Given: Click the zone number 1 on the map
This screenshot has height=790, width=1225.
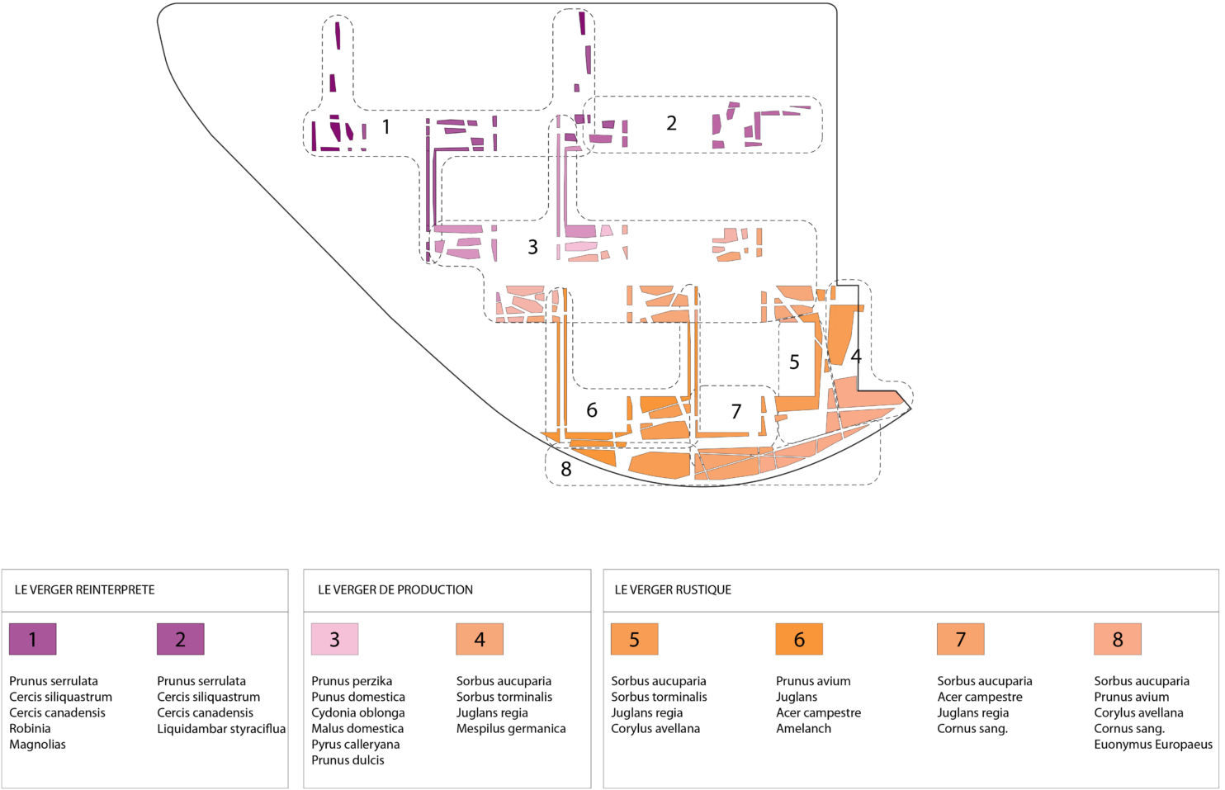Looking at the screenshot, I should [385, 127].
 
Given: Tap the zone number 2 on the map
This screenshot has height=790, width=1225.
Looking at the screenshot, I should [671, 123].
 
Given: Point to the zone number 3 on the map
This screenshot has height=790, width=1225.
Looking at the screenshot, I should [532, 247].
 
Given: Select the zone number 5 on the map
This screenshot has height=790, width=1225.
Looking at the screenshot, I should [794, 362].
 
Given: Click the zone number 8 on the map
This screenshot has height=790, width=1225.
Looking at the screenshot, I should [565, 470].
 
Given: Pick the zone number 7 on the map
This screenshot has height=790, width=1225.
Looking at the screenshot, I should [736, 411].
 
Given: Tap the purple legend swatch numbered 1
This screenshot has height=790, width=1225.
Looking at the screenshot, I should [33, 639].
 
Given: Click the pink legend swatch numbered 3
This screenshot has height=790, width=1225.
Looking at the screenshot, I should [334, 639].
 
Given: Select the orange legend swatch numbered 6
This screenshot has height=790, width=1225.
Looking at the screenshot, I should [799, 639].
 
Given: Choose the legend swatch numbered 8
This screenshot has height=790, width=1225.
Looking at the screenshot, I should [1118, 639].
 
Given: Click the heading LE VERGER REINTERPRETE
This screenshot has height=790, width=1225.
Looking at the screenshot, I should [85, 589].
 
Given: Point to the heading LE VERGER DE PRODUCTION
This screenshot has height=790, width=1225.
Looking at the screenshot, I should [395, 589].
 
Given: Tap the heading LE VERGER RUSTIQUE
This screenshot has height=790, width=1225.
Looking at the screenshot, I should [673, 589].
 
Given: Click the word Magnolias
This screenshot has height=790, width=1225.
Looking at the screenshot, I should [37, 744].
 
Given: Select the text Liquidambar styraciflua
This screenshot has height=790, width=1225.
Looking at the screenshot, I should [221, 728].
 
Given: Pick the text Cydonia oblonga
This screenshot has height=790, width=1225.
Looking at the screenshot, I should [358, 712].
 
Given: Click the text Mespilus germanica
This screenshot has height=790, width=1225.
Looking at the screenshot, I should [511, 728].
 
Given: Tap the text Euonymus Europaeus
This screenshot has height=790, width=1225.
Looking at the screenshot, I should [1153, 744].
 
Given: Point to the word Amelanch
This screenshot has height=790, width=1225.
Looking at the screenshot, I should [803, 728].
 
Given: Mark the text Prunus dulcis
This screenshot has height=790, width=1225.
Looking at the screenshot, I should [348, 759].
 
